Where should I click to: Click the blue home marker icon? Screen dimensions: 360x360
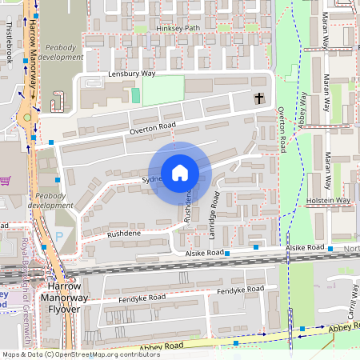pyautogui.click(x=180, y=173)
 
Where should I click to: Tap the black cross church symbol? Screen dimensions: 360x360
pyautogui.click(x=258, y=98)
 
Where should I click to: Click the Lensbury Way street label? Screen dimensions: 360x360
pyautogui.click(x=131, y=74)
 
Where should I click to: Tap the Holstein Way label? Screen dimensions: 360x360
pyautogui.click(x=328, y=200)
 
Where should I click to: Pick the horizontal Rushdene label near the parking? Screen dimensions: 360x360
pyautogui.click(x=123, y=234)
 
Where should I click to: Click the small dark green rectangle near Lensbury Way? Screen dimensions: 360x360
pyautogui.click(x=135, y=95)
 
